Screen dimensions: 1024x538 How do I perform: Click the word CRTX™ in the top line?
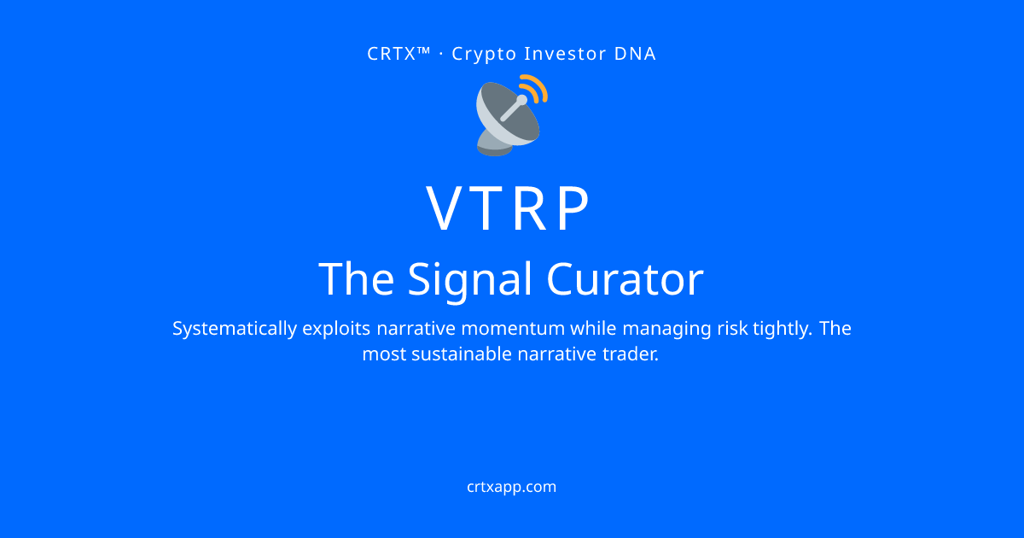pos(399,54)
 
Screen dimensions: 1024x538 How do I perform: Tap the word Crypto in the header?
pos(484,55)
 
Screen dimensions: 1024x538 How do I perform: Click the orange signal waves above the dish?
pos(536,88)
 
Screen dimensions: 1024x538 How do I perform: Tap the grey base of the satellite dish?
pos(495,143)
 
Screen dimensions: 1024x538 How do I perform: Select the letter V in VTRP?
pos(446,208)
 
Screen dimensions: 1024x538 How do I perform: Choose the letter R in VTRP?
pos(530,208)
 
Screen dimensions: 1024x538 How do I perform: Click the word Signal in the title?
pos(470,280)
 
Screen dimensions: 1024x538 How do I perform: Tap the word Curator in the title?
pos(625,279)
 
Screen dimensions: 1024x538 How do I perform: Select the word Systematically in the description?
pos(235,330)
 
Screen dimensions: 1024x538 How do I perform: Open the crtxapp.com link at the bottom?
pos(511,488)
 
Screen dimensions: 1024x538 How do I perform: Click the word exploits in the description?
pos(336,330)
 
